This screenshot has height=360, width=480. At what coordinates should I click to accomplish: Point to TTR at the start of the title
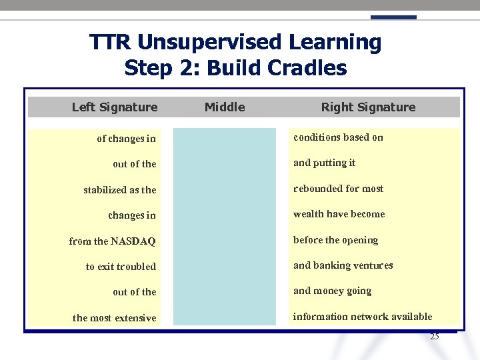click(111, 43)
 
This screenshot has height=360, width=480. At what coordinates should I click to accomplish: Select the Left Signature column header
click(115, 107)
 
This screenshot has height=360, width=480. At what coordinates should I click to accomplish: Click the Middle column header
click(225, 107)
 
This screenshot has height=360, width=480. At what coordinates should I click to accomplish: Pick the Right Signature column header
click(368, 107)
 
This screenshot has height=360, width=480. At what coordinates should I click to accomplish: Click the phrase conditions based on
click(338, 137)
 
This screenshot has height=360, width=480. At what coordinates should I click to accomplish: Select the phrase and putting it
click(324, 163)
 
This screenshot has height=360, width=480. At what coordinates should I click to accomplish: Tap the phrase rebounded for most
click(338, 189)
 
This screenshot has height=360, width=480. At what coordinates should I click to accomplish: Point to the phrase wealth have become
click(339, 214)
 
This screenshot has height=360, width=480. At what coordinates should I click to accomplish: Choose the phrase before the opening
click(335, 240)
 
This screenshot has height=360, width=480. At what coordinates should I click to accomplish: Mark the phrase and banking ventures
click(343, 265)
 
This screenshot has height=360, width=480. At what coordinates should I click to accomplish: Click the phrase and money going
click(332, 291)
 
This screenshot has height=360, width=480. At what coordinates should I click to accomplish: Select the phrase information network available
click(362, 317)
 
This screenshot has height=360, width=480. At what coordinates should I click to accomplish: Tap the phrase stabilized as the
click(120, 190)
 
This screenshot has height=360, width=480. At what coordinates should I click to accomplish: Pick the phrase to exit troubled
click(121, 267)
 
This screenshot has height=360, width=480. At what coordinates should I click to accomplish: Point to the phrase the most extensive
click(115, 318)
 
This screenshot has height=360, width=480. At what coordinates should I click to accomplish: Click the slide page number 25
click(435, 337)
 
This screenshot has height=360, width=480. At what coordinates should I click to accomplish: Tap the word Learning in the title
click(335, 43)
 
